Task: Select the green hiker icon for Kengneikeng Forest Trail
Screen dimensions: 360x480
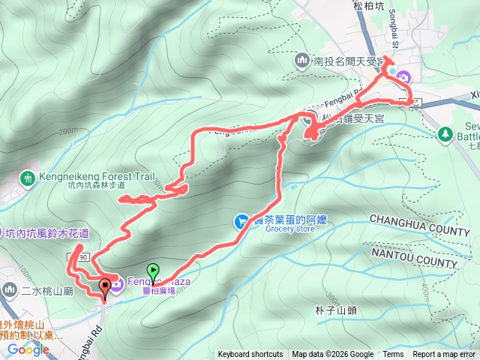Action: [27, 178]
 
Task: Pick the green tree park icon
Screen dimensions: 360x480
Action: [445, 133]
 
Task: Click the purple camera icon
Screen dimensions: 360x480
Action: [403, 76]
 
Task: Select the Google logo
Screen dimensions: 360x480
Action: [28, 349]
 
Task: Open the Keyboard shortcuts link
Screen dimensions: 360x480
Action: [250, 355]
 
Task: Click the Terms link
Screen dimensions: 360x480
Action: [393, 355]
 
